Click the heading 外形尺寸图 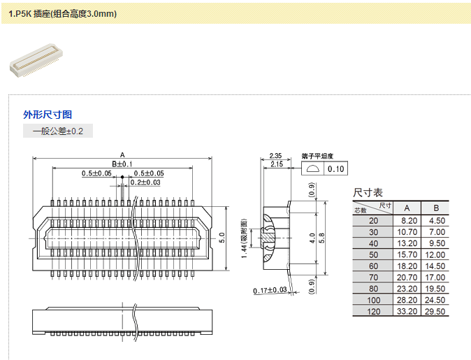click(48, 115)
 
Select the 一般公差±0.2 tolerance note click(58, 131)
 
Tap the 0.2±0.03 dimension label click(145, 182)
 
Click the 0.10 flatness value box click(337, 169)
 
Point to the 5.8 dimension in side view click(322, 238)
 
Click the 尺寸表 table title click(368, 192)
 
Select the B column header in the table click(436, 208)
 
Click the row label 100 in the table click(373, 300)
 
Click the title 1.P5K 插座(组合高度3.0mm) click(62, 13)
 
